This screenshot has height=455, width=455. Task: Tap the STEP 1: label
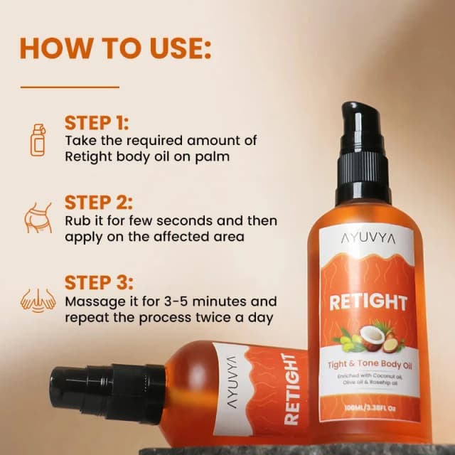click(x=97, y=122)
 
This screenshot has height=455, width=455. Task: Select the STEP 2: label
click(x=98, y=202)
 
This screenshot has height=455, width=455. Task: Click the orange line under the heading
click(x=69, y=87)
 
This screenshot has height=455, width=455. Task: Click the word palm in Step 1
click(x=213, y=156)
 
